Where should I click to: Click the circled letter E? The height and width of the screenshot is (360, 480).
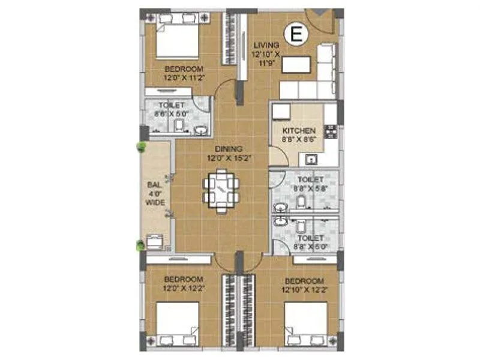(x=295, y=34)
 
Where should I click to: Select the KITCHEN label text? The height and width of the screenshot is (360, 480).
(x=299, y=131)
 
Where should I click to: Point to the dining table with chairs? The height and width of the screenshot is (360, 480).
(x=221, y=191)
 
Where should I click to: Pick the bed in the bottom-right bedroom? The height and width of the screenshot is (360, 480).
(x=306, y=325)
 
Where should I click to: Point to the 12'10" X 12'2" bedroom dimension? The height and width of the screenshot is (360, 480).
(x=305, y=289)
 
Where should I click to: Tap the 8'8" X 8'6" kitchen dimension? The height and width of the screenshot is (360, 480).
(x=299, y=139)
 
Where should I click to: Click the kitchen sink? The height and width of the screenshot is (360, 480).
(x=311, y=160)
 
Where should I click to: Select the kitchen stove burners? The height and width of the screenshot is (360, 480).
(x=329, y=130)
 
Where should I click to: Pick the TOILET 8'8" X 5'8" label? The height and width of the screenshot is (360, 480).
(x=310, y=184)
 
